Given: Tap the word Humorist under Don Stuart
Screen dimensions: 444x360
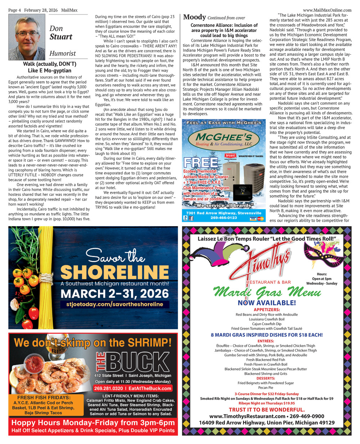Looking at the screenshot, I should pos(63,53).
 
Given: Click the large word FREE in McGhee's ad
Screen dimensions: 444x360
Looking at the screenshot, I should pos(201,163).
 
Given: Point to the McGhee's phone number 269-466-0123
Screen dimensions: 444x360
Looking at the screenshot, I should pos(224,217).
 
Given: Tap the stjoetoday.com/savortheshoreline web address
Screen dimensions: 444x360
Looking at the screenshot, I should pos(115,304).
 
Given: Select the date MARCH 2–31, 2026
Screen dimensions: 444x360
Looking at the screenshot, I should pos(115,293).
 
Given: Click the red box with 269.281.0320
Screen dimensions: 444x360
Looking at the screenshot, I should pos(132,388).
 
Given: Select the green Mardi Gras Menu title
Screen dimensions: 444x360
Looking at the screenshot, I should pos(267,292).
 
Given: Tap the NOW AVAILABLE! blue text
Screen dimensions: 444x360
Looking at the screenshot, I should pos(267,303).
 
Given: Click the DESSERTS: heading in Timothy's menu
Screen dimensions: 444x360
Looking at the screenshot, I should pos(266,378).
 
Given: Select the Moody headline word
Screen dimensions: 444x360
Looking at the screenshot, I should pos(194,17).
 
